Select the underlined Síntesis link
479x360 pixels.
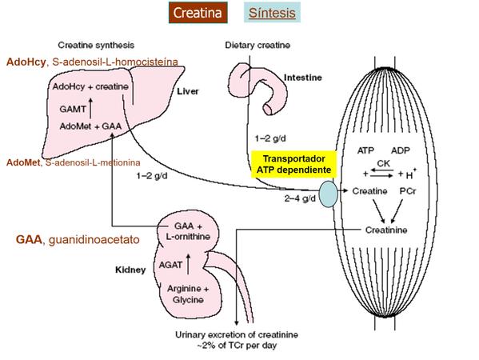point(272,13)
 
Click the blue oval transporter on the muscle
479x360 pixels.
point(329,194)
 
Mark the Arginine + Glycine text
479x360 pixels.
point(185,294)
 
